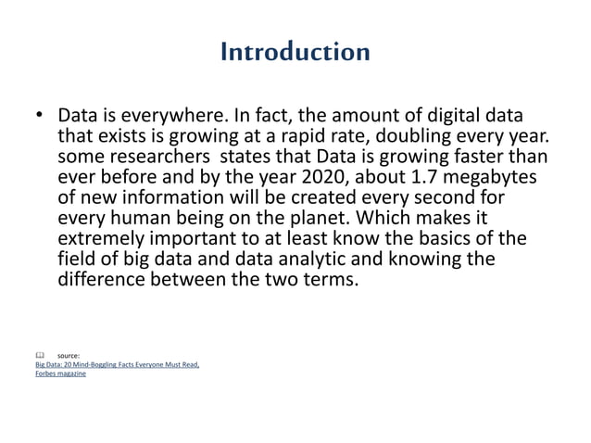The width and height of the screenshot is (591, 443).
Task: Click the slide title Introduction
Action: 295,52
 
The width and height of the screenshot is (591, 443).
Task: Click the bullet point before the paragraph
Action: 39,118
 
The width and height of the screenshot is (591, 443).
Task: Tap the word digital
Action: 447,117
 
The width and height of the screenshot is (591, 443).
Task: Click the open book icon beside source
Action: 39,355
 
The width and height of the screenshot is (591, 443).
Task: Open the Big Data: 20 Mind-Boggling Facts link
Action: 117,364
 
